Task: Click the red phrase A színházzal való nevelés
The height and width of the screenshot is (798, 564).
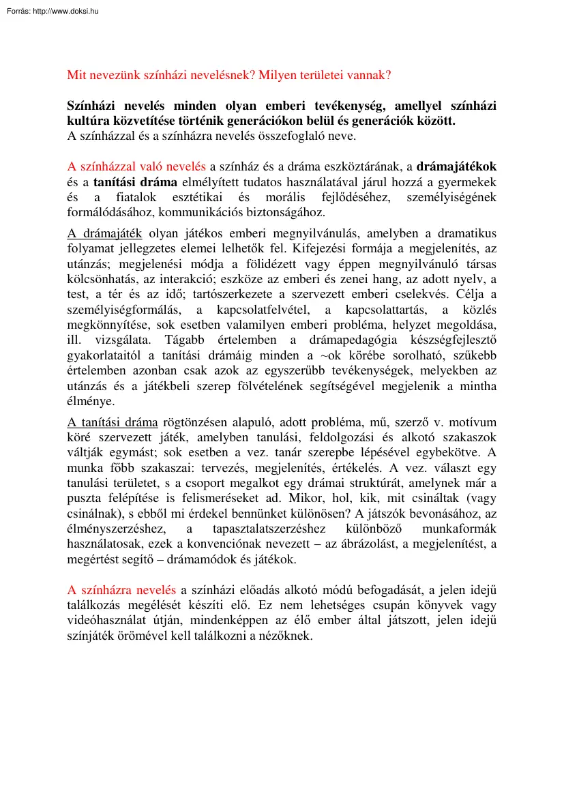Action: (136, 166)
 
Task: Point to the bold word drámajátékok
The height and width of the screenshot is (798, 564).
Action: (456, 166)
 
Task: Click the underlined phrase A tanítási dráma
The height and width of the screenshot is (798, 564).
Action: (113, 422)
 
